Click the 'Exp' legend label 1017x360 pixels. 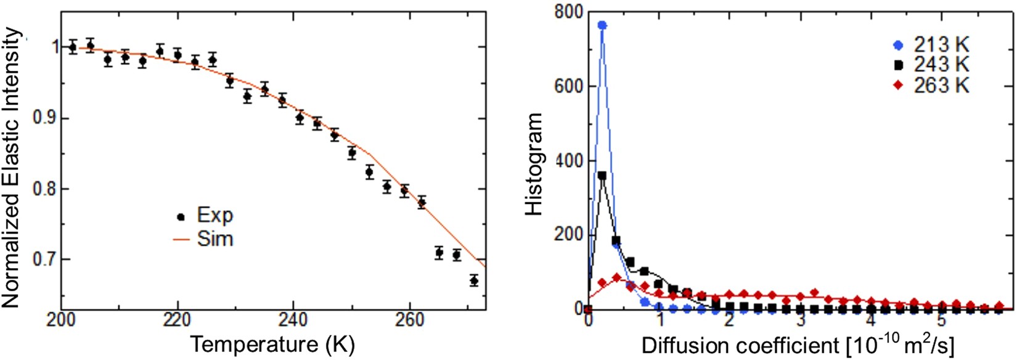tap(214, 216)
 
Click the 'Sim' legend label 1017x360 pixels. tap(214, 239)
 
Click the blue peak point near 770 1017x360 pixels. tap(602, 25)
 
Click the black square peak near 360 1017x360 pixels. tap(602, 176)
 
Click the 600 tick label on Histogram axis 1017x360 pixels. tap(568, 86)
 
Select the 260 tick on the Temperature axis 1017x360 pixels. tap(409, 321)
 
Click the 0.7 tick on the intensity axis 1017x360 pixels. tap(44, 260)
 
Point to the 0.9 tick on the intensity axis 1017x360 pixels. tap(44, 118)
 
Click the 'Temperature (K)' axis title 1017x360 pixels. tap(272, 344)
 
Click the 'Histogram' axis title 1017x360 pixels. tap(534, 164)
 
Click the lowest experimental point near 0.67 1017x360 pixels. tap(473, 280)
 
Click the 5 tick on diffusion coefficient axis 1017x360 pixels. tap(941, 321)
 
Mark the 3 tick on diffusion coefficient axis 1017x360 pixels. tap(800, 321)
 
